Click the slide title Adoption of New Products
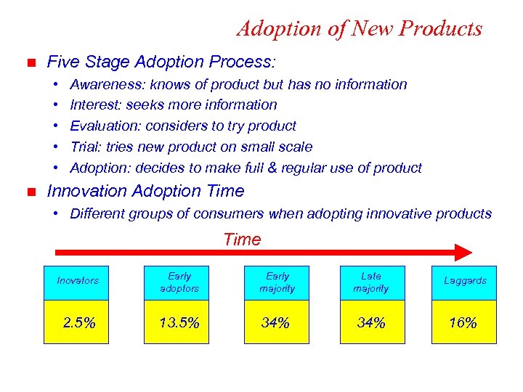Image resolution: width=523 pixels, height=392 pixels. tap(359, 28)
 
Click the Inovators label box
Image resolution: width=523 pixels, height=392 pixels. tap(77, 281)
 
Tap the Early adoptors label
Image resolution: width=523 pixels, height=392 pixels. tap(179, 282)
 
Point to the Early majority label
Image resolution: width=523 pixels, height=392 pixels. tap(277, 282)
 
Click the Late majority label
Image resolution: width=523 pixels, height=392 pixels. tap(370, 282)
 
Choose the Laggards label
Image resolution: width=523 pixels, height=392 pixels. tap(464, 281)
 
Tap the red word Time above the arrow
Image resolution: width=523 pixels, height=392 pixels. tap(242, 239)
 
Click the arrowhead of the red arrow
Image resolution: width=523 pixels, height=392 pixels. tap(463, 253)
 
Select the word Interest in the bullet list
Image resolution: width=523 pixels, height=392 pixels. tap(92, 105)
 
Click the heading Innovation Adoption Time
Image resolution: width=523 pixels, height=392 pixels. tap(145, 192)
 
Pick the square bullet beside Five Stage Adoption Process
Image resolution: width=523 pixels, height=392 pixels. tap(30, 62)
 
